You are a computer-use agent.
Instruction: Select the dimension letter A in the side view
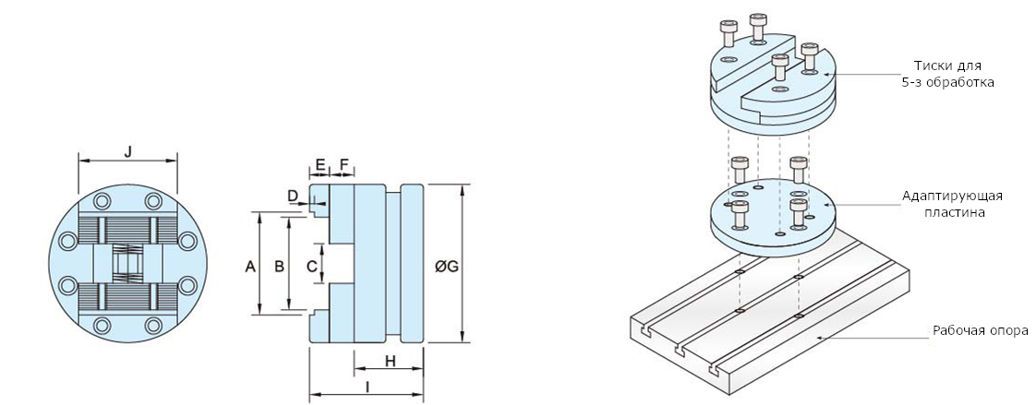(249, 267)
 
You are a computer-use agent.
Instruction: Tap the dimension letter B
(278, 267)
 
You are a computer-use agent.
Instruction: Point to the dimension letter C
(312, 267)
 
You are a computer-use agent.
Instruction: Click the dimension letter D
(292, 196)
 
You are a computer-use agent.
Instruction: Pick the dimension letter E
(319, 164)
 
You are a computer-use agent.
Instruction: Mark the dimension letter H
(390, 362)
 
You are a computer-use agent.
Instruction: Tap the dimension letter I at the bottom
(367, 388)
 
